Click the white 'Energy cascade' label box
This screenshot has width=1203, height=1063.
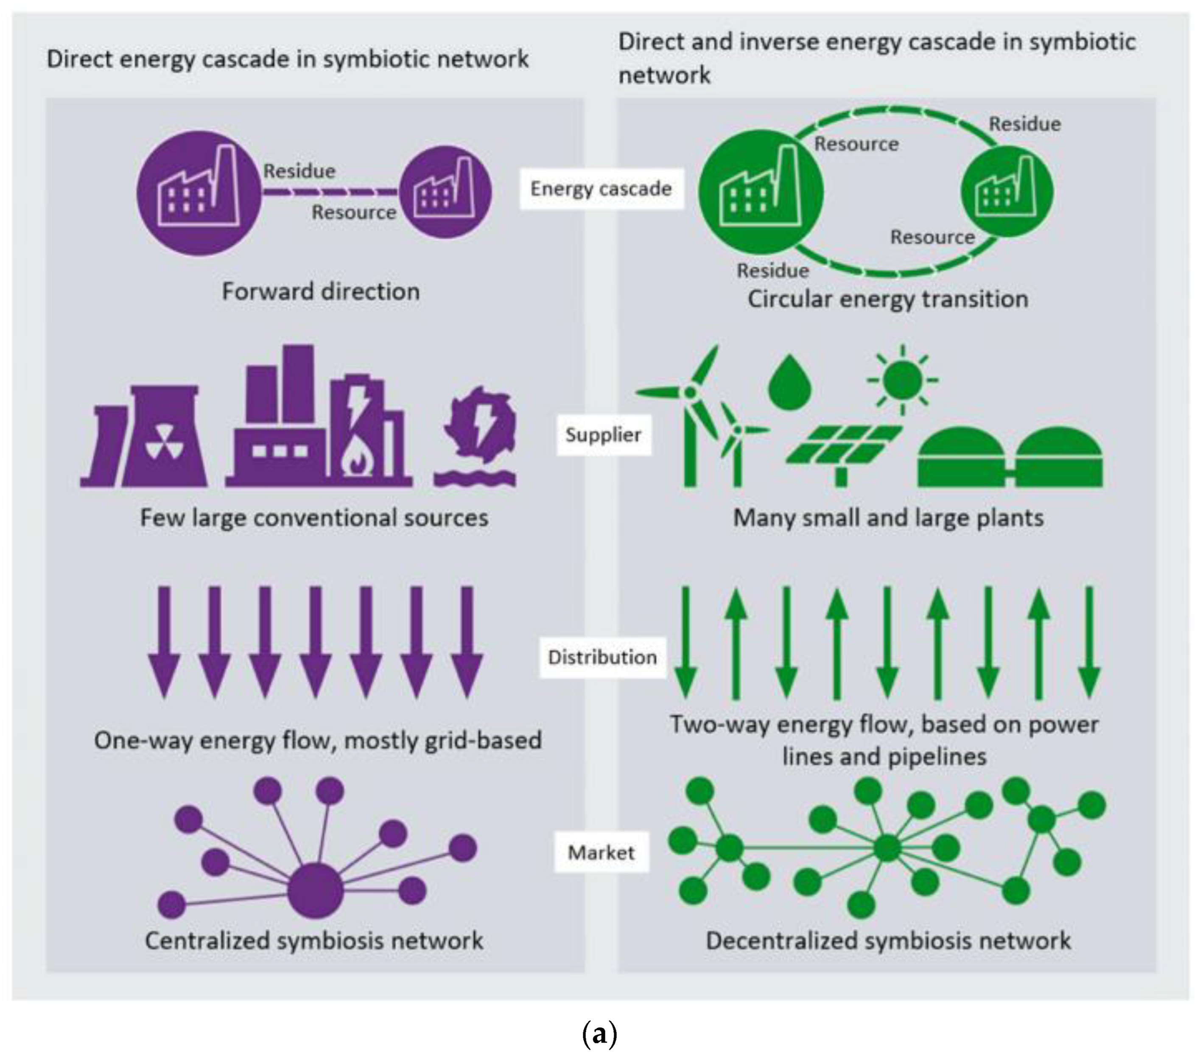601,189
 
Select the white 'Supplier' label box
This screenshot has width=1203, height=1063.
603,435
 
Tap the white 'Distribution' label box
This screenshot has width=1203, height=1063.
602,657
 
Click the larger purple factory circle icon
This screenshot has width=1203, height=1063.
199,193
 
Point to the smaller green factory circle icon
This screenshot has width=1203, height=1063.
1007,191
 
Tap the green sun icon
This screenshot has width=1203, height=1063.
902,380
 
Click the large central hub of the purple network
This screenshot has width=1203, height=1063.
315,890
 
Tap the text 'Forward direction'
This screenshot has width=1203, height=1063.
320,291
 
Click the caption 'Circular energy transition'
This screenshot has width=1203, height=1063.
887,299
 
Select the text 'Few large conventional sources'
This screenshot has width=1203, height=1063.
314,518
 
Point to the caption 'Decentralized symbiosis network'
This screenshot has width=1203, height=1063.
887,940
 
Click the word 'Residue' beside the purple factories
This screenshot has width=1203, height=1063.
299,171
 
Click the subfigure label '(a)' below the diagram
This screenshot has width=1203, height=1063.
599,1034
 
